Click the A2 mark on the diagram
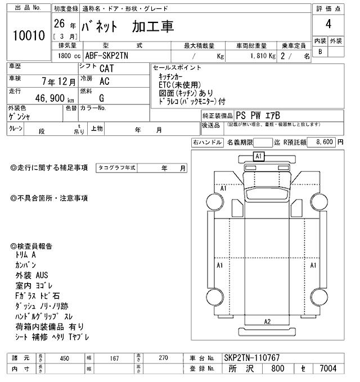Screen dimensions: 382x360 [x=267, y=321]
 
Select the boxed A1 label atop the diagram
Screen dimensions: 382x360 [x=259, y=156]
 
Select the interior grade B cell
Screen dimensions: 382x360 [x=320, y=52]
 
